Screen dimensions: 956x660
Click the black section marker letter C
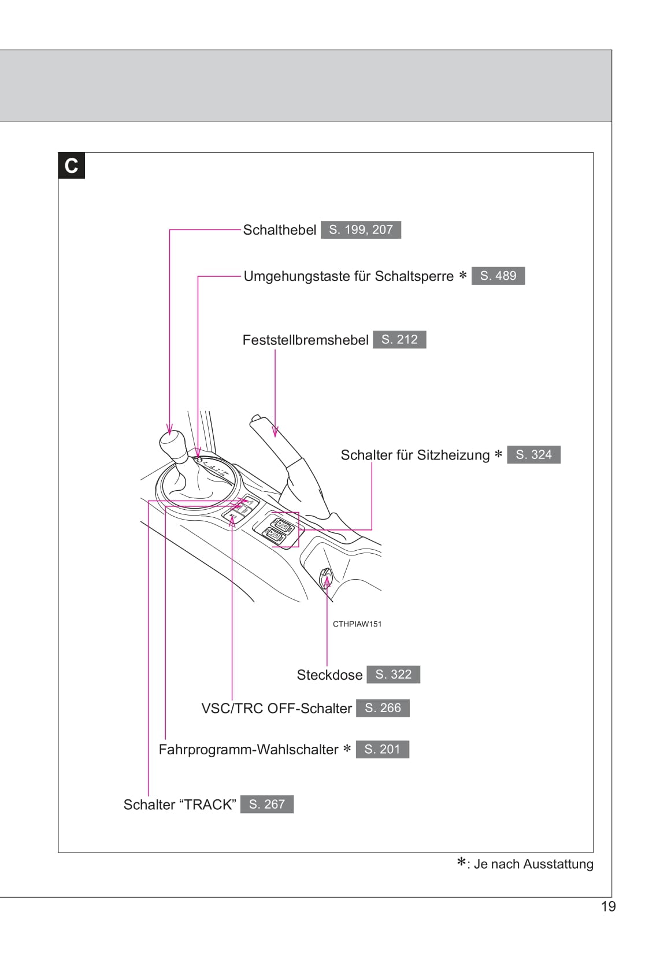click(71, 166)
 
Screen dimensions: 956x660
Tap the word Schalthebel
click(279, 230)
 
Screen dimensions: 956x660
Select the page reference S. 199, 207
click(361, 230)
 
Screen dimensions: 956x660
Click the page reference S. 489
click(498, 276)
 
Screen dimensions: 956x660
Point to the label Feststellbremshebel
click(305, 340)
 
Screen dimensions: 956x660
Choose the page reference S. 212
click(399, 340)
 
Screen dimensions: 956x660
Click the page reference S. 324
click(533, 455)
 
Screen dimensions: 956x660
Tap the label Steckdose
click(329, 675)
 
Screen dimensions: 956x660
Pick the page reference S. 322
click(393, 675)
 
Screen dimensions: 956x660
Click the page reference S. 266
click(383, 708)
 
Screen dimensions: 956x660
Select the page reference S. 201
click(382, 749)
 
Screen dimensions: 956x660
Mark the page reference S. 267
click(266, 804)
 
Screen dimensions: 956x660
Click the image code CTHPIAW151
click(357, 624)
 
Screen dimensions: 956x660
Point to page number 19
click(609, 906)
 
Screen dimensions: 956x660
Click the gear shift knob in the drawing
click(173, 445)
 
